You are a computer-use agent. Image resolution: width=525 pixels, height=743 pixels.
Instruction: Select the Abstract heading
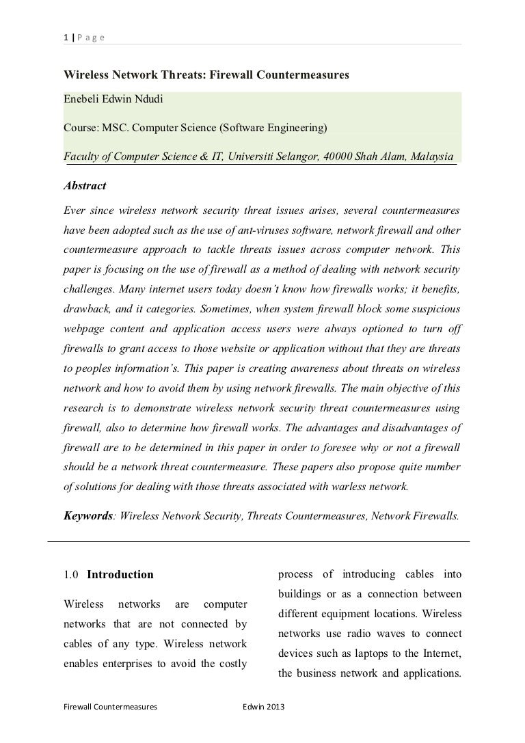[x=85, y=185]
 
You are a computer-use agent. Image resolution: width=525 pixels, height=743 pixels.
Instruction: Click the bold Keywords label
[x=87, y=516]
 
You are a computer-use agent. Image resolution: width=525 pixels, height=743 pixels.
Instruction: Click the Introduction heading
[x=120, y=575]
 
